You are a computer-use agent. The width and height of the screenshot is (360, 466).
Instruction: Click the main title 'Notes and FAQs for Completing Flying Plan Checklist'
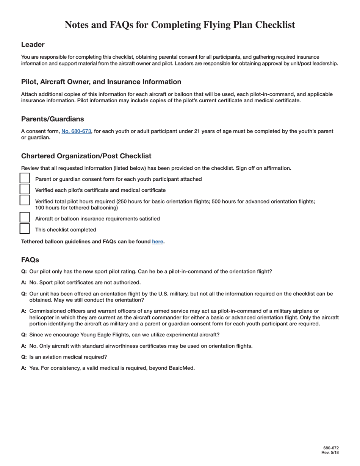coord(180,25)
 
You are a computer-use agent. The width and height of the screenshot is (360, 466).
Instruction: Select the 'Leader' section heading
coord(33,45)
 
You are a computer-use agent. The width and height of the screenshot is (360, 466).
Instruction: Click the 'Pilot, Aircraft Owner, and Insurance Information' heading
coord(101,82)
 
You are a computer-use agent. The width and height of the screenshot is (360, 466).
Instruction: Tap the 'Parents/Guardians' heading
coord(53,119)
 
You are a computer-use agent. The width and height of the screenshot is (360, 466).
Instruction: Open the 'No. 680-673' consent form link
coord(76,131)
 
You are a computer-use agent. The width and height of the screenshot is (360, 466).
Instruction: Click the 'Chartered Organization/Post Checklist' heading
coord(86,156)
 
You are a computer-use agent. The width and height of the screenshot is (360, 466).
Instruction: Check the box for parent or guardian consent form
coord(25,178)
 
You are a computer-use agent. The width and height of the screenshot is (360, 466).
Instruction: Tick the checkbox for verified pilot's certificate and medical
coord(25,189)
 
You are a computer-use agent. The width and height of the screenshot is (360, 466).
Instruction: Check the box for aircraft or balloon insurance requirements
coord(25,218)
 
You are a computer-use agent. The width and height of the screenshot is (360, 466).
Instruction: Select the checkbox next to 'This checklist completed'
coord(25,229)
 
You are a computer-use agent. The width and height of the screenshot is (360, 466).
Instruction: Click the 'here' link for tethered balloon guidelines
coord(158,241)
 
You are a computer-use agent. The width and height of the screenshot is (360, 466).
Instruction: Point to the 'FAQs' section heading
coord(30,260)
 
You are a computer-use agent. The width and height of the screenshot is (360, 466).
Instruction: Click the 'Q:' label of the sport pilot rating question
coord(24,272)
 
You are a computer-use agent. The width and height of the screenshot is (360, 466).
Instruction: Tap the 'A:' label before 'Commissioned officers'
coord(24,311)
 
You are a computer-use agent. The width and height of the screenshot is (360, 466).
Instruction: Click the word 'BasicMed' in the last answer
coord(182,368)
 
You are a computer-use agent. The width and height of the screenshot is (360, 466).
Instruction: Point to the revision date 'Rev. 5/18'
coord(330,453)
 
